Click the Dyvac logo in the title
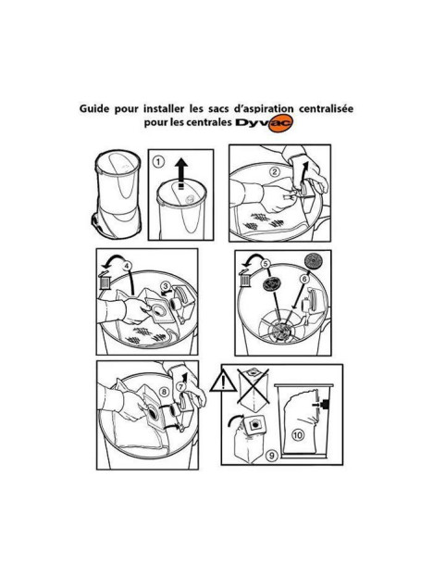(264, 126)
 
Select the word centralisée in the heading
(316, 107)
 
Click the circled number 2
(275, 171)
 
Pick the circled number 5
(265, 264)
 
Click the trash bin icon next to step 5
(247, 279)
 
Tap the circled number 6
(303, 279)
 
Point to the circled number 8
(164, 392)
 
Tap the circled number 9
(271, 456)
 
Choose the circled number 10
(299, 433)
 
